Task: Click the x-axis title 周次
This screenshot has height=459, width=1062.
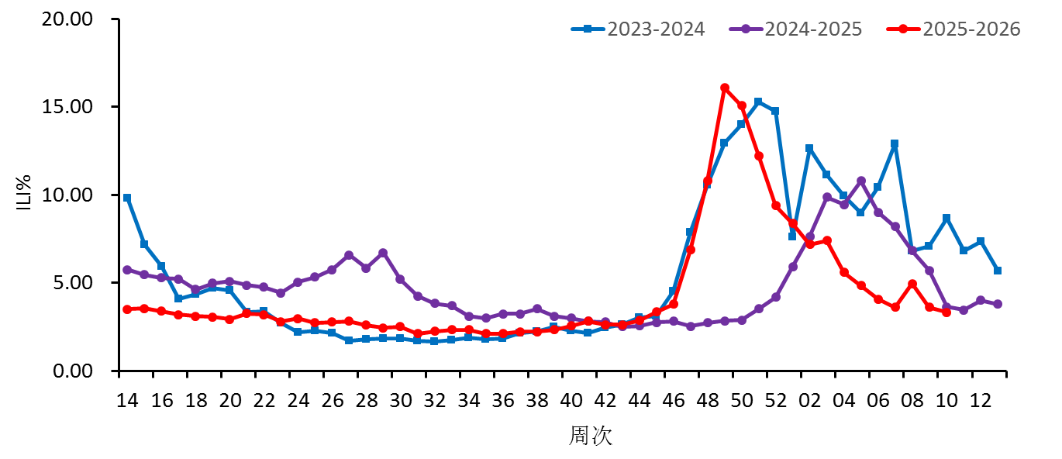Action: click(x=591, y=435)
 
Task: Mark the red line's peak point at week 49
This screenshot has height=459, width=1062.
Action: click(x=725, y=88)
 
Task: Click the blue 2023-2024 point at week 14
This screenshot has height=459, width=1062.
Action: click(x=127, y=198)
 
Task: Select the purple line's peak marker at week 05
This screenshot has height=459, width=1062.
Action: click(x=860, y=181)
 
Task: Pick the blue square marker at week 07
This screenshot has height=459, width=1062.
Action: click(x=895, y=144)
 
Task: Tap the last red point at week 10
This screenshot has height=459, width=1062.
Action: click(x=946, y=312)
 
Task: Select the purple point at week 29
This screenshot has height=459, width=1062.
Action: click(x=383, y=253)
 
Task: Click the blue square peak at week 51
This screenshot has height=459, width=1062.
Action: click(x=758, y=102)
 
